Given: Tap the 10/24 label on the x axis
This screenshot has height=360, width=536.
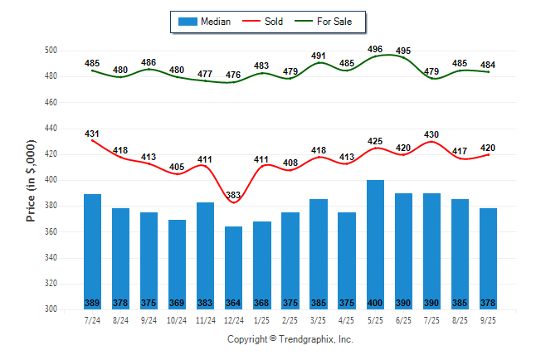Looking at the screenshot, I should coord(178,319).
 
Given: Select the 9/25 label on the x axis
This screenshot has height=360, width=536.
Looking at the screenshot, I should coord(488,319).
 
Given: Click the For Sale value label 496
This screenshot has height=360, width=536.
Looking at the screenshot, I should coord(375,48).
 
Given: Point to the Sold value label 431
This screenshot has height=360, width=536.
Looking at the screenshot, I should coord(93,134).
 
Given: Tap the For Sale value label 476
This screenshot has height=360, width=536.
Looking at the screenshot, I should coord(234,75).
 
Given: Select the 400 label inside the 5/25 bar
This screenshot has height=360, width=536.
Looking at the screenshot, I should coord(375,303).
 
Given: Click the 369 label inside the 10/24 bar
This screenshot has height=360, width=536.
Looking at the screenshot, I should coord(178,303).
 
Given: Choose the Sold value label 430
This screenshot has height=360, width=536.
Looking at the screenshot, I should coord(431,134).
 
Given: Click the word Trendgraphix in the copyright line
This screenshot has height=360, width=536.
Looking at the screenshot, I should coord(310,339).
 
